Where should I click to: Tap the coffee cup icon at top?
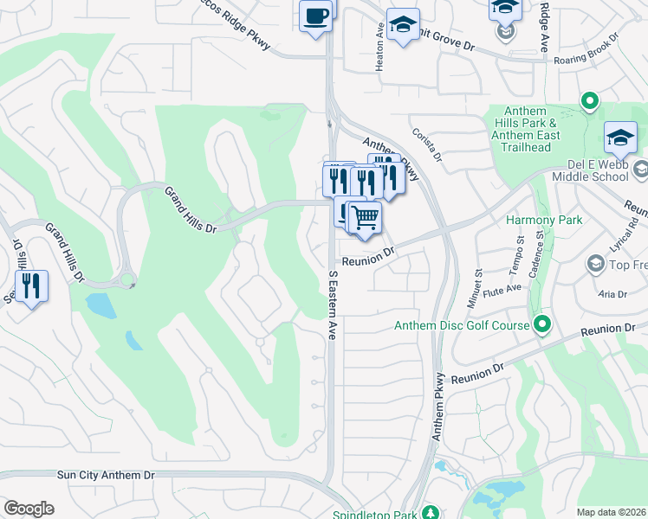(315, 16)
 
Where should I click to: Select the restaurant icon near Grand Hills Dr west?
(31, 286)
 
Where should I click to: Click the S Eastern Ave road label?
(332, 304)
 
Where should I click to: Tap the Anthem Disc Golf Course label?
(461, 326)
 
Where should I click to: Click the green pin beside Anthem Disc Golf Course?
(542, 325)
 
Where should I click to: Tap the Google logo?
(29, 509)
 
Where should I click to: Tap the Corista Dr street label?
(427, 144)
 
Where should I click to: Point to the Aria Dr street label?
(612, 294)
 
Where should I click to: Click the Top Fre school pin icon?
(595, 262)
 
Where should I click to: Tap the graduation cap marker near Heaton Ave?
(403, 24)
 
